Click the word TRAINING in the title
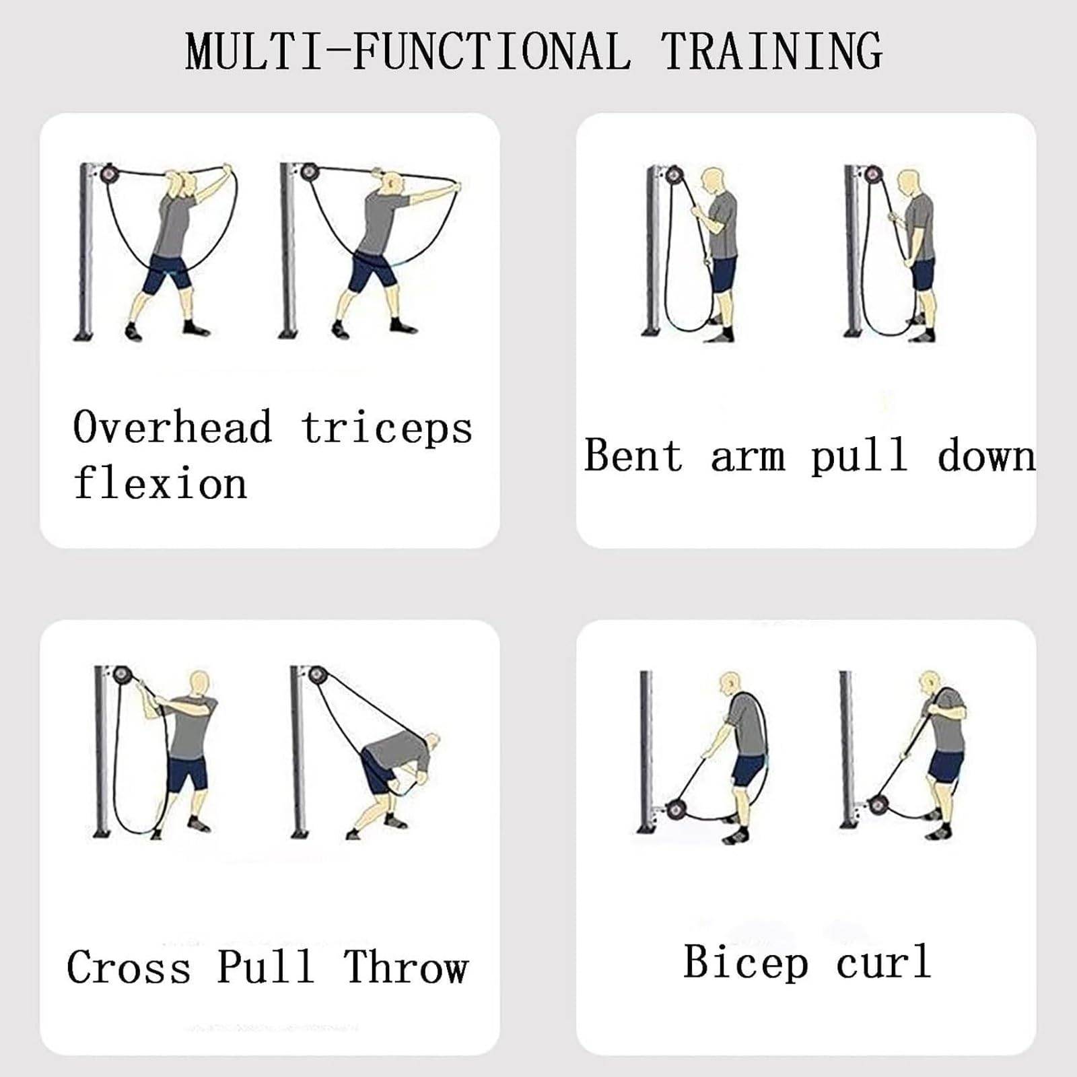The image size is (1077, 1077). [771, 50]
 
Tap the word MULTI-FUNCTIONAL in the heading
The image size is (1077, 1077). [409, 50]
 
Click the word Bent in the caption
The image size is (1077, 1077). [633, 455]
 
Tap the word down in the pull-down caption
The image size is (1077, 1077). [986, 455]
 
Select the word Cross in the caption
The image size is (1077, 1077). [129, 967]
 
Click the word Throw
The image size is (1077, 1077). [406, 967]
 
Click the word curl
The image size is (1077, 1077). [884, 963]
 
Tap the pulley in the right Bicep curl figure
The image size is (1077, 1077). [877, 805]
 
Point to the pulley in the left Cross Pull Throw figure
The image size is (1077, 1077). [121, 674]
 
